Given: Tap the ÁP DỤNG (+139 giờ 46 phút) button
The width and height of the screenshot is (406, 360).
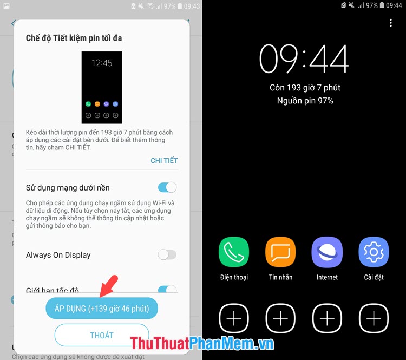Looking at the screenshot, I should pos(102,309).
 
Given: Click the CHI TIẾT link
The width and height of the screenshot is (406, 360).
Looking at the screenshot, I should pos(164,160).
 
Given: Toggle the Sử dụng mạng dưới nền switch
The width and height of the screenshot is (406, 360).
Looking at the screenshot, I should pos(167,188).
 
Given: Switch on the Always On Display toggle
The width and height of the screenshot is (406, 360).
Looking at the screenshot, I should pos(167,255).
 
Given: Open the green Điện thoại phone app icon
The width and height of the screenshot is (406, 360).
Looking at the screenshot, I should pos(234,253).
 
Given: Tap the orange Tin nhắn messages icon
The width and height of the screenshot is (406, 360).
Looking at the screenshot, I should pos(280,253).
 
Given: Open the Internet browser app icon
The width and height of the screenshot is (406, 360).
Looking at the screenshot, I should pos(327,253).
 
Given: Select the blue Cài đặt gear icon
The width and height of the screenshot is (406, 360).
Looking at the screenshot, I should pos(374,253).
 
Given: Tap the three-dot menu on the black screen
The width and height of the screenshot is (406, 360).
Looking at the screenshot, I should pos(391,23).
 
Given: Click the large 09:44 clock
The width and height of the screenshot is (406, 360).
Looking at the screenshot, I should pos(304,58).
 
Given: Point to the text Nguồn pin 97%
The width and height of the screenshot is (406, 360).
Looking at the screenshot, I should pos(305,101).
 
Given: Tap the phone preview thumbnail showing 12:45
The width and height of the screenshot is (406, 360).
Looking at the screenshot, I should pos(102,88).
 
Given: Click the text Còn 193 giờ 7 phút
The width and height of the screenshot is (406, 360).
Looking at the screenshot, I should pos(305,88).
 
